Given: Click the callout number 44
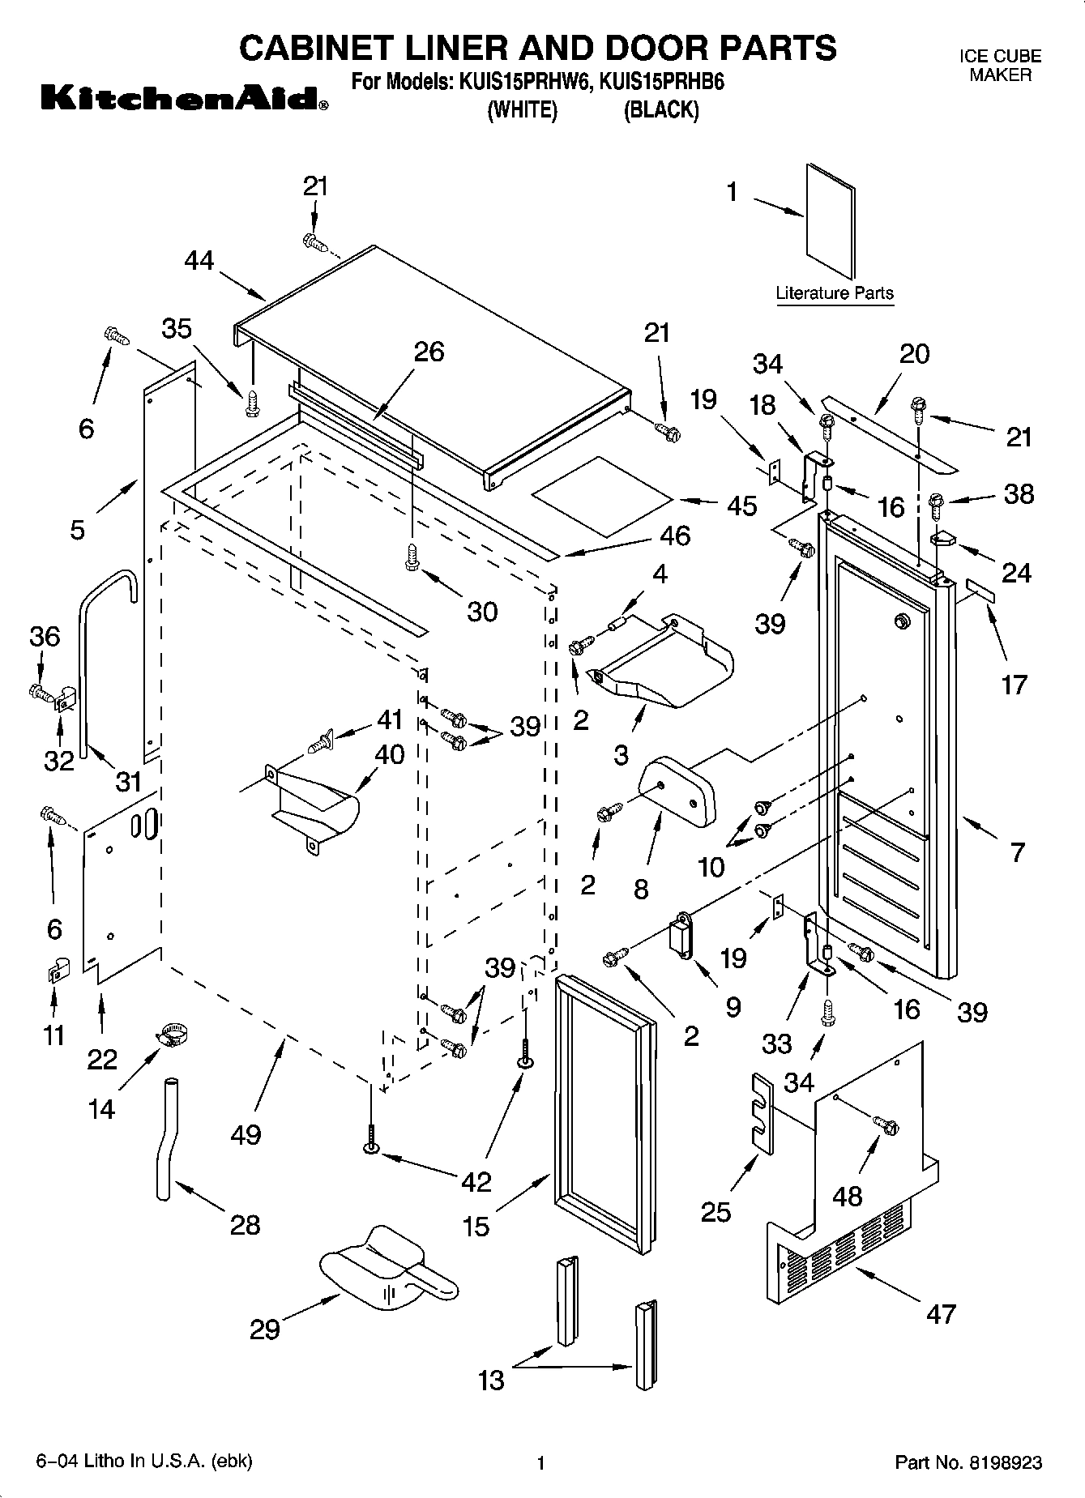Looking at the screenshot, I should click(x=199, y=260).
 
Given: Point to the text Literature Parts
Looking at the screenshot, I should click(x=835, y=293).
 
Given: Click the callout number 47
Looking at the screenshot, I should click(x=941, y=1313).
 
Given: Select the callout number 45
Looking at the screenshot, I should click(x=742, y=506).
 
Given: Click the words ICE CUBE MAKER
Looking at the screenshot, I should click(x=1000, y=66).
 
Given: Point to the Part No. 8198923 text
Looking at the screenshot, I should click(x=968, y=1462).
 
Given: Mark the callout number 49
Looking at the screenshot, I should click(x=246, y=1135).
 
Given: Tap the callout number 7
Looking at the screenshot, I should click(x=1018, y=851).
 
